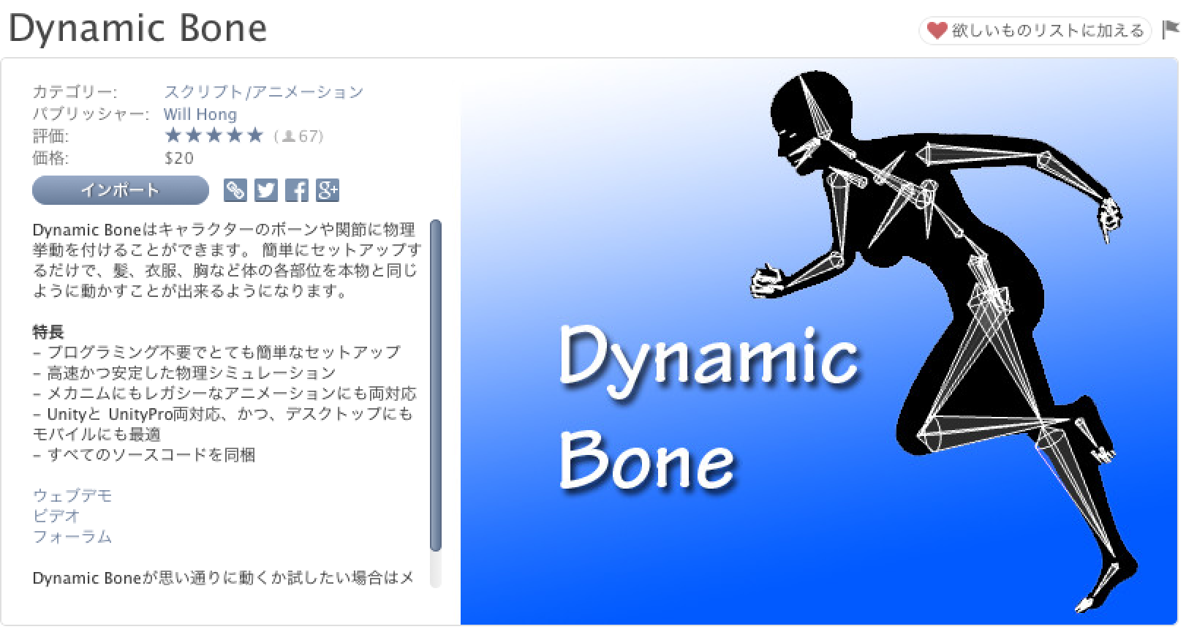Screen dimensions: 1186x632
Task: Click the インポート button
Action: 120,190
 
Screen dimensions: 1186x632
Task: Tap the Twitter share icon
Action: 266,190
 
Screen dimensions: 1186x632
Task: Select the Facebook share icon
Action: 297,190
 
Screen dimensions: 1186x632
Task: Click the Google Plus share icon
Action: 327,190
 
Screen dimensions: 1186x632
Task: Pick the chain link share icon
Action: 235,190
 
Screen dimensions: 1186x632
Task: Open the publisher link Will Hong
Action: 200,114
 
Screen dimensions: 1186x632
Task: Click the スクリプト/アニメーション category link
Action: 264,92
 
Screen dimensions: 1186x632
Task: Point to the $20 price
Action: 179,158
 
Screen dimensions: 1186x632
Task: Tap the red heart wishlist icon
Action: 937,30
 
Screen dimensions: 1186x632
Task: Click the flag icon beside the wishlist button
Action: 1170,30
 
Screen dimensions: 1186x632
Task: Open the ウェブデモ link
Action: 72,495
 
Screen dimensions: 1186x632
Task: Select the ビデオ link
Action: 56,516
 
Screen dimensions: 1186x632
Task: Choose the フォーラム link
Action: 72,536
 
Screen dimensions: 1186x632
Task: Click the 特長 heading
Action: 48,332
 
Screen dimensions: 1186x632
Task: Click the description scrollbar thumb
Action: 436,385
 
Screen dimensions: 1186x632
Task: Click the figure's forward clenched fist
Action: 767,280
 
